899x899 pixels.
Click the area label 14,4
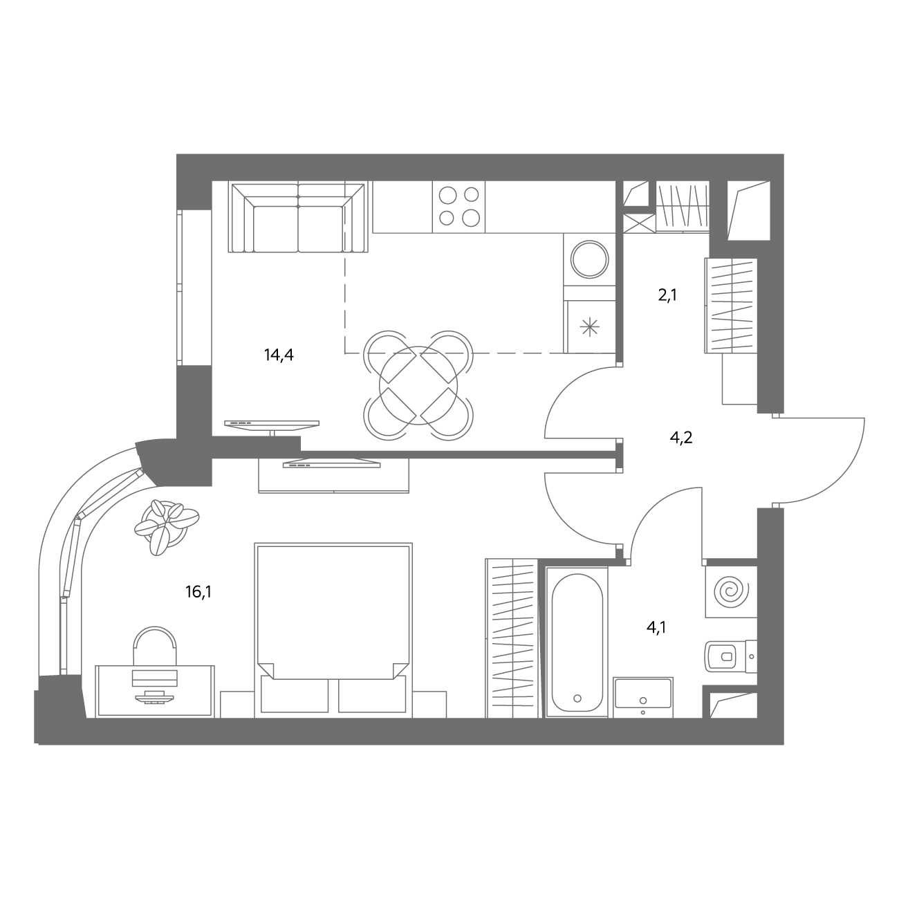[x=279, y=355]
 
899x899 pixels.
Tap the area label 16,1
[x=198, y=592]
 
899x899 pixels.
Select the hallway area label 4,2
[x=680, y=438]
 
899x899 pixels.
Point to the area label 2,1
[x=667, y=295]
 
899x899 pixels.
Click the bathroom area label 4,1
[x=656, y=627]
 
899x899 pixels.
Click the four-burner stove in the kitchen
[x=459, y=206]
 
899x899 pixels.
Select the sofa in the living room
[x=298, y=217]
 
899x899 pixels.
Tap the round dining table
[x=418, y=385]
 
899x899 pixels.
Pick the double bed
[x=333, y=630]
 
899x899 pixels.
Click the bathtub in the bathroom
[x=577, y=642]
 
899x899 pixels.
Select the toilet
[x=730, y=656]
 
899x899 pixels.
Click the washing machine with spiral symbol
[x=731, y=591]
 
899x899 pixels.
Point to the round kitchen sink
[x=590, y=259]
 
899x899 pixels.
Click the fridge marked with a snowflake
[x=590, y=326]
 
